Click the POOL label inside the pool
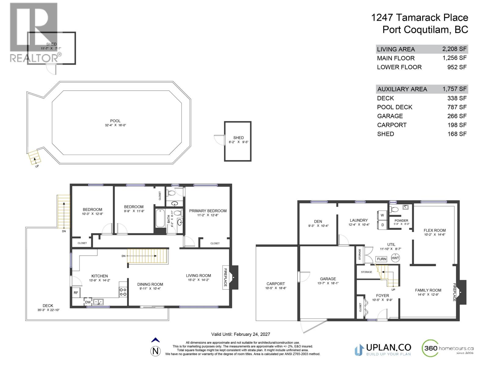pos(115,121)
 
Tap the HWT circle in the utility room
pos(395,258)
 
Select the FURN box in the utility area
pos(381,259)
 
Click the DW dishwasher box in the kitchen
pos(88,302)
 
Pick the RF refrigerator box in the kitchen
pos(76,293)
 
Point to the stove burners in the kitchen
pos(123,292)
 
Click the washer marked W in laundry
pos(382,215)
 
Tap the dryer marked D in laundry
pos(382,225)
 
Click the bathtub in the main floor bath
pos(160,218)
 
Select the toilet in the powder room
pos(395,209)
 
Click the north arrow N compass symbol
pos(156,351)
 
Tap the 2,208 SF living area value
pos(454,49)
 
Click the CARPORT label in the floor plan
pos(275,284)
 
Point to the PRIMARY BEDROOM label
pos(208,211)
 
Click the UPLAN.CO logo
pos(383,349)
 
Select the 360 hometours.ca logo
pos(448,349)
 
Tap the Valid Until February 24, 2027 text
pos(241,334)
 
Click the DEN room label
pos(318,221)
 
